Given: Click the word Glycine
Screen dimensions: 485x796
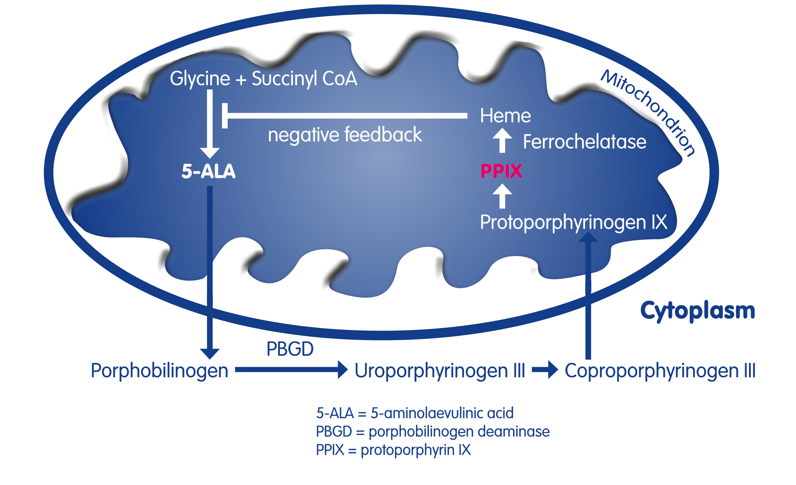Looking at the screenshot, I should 200,79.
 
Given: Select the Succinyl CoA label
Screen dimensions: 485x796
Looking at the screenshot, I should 304,79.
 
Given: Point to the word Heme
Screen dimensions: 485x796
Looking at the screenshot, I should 505,116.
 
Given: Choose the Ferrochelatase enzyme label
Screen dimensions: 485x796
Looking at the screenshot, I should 584,142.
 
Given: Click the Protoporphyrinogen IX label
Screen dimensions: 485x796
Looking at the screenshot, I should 573,222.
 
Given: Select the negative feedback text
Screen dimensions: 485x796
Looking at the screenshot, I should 345,135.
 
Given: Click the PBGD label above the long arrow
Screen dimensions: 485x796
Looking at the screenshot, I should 290,349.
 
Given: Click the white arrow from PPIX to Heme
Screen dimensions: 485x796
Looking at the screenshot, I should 502,140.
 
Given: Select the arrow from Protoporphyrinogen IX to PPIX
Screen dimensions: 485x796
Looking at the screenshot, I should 502,196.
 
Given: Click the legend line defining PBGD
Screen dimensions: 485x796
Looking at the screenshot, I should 432,432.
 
